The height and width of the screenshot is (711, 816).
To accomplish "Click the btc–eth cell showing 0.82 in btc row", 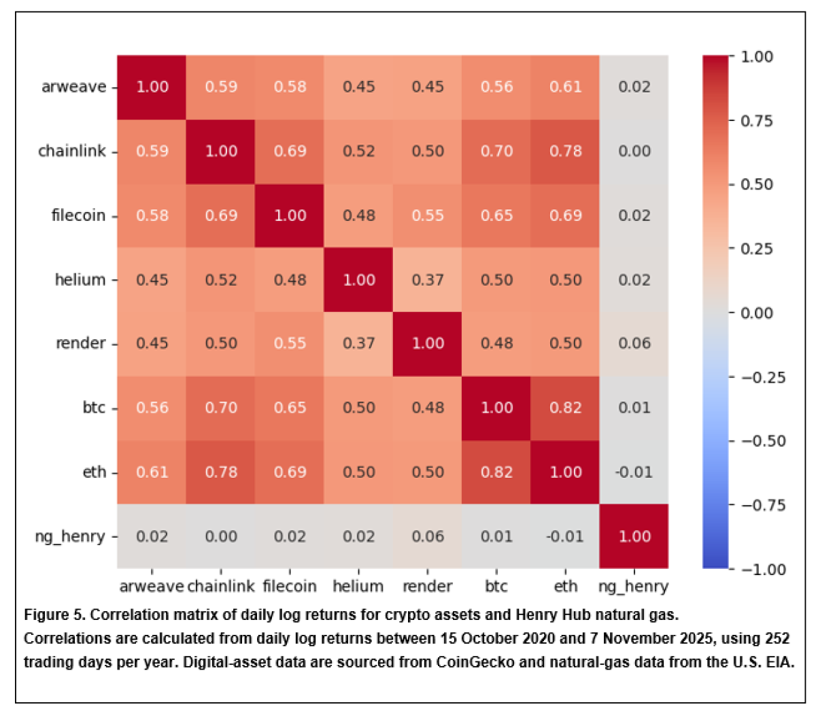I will [x=565, y=408].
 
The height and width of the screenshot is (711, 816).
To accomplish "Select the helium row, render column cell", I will [x=428, y=279].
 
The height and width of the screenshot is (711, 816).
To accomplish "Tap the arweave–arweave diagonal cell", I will [x=152, y=87].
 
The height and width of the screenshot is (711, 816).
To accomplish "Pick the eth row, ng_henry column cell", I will [x=634, y=472].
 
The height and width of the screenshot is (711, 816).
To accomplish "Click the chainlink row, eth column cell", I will [x=565, y=151].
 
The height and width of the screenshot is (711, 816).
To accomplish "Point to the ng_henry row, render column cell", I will [x=428, y=536].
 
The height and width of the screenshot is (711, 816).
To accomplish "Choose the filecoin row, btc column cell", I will [x=496, y=215].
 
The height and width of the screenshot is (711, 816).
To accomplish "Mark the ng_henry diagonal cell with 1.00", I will [x=634, y=536].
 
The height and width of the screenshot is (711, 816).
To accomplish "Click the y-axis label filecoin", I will [x=78, y=215].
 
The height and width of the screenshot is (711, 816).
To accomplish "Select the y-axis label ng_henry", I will [x=70, y=537].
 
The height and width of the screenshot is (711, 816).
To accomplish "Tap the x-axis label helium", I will [x=358, y=586].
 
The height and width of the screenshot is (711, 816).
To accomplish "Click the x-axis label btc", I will [x=496, y=586].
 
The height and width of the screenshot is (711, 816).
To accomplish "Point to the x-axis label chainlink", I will [x=220, y=586].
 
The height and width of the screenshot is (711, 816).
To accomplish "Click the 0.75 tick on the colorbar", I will [x=756, y=121].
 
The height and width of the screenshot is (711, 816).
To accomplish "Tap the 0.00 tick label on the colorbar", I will [x=756, y=313].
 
